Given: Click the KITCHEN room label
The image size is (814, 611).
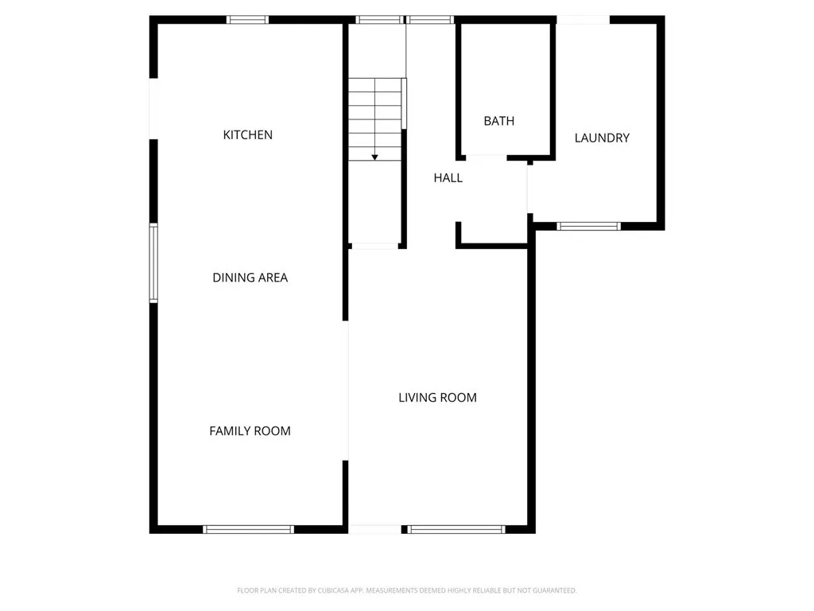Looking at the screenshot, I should [x=247, y=135].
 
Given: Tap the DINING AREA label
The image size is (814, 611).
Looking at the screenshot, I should [x=250, y=278].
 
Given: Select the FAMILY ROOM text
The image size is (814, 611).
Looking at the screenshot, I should [x=250, y=431].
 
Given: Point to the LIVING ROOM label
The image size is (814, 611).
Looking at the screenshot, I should [x=437, y=398].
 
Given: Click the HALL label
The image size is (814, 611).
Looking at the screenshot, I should [x=448, y=178].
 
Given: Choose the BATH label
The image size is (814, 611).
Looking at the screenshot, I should [x=498, y=121].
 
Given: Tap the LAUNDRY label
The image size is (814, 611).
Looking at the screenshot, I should [x=602, y=138].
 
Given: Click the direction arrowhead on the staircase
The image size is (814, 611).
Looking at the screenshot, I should [x=374, y=158].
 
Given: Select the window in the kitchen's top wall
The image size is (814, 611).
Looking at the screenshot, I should [x=247, y=20].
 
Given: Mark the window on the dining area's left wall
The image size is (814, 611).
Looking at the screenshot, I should [x=153, y=263].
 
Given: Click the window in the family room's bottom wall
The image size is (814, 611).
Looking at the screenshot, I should [x=249, y=529].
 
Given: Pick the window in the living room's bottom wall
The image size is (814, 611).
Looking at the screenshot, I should [x=457, y=529].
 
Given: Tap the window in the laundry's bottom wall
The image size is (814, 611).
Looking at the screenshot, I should [x=588, y=226].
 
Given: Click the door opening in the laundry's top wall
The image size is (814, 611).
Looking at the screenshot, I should [x=583, y=20].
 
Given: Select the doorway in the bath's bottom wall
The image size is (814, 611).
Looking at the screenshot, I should [x=486, y=157].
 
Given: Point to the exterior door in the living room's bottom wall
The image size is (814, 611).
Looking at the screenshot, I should [x=376, y=529].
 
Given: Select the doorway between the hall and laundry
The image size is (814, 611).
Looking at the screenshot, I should [x=528, y=188].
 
